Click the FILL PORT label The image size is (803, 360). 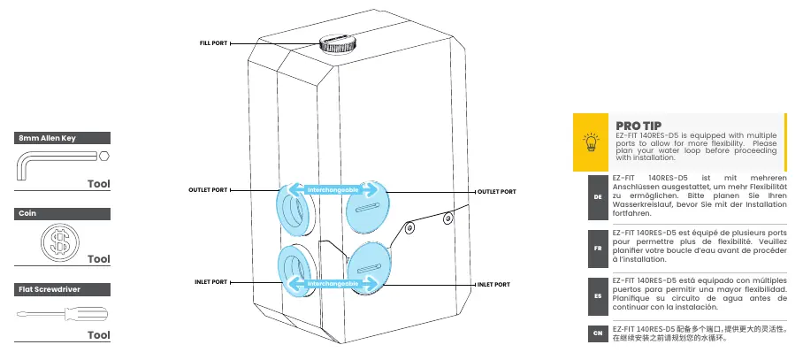click(213, 43)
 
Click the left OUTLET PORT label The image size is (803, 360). click(208, 190)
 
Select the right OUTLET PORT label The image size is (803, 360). click(497, 192)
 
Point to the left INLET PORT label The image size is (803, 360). click(211, 282)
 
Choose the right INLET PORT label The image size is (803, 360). click(493, 284)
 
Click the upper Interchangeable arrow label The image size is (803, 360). click(333, 190)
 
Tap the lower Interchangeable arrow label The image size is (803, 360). click(333, 283)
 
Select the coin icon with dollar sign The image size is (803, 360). click(60, 241)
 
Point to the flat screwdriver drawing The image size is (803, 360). click(62, 313)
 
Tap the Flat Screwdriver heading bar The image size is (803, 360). click(62, 289)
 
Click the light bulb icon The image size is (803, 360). click(591, 142)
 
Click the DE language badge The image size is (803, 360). click(598, 197)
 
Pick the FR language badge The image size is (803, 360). click(598, 249)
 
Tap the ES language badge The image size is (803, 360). click(598, 296)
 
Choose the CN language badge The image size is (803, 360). click(598, 333)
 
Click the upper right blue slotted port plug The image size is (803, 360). click(365, 206)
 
